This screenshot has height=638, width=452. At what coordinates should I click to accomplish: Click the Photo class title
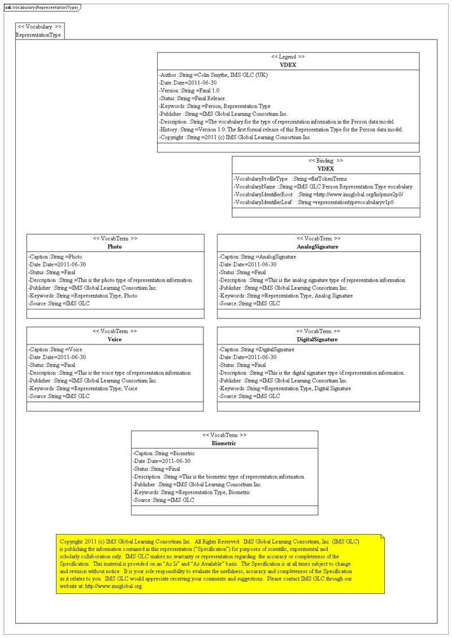tap(115, 247)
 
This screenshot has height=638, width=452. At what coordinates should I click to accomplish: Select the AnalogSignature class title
tap(318, 247)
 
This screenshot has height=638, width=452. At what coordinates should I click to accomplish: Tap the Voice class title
tap(115, 339)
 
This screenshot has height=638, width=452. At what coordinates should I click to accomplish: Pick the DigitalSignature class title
tap(318, 339)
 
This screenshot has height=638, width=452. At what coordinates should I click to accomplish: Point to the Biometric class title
tap(224, 444)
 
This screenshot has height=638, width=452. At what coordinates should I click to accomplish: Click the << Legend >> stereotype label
tap(288, 57)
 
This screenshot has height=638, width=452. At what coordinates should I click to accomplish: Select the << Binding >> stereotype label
tap(325, 160)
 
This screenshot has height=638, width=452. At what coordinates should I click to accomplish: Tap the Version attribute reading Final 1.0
tap(189, 90)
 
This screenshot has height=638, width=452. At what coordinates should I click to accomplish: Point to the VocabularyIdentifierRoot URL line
tap(319, 194)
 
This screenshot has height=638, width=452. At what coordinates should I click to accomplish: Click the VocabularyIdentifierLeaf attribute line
tap(314, 202)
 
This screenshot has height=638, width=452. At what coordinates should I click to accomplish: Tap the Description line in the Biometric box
tap(219, 477)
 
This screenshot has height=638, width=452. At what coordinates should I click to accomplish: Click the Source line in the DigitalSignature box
tap(249, 396)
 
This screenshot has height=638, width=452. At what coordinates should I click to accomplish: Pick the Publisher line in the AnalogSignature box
tap(283, 288)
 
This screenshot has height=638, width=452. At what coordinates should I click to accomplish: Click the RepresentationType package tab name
tap(38, 35)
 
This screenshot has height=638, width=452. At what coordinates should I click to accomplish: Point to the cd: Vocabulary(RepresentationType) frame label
tap(41, 7)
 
